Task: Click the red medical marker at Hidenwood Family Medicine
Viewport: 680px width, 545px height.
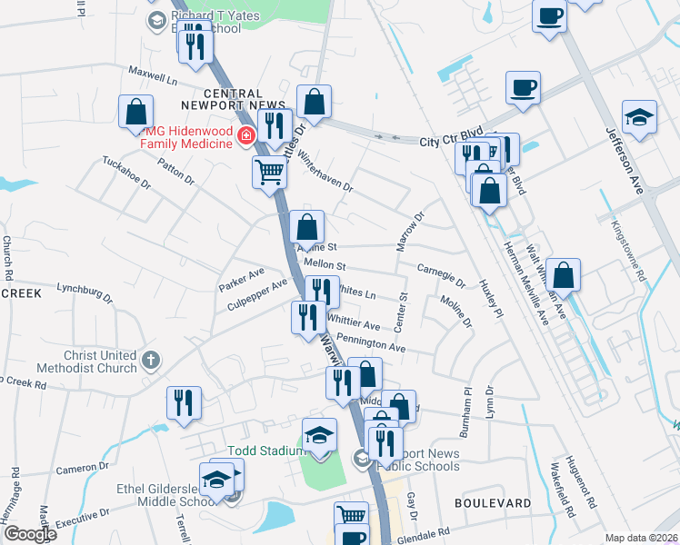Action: pyautogui.click(x=245, y=136)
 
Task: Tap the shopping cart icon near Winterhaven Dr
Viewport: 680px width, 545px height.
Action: pyautogui.click(x=270, y=172)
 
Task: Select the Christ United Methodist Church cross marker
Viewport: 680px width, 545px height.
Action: pyautogui.click(x=151, y=362)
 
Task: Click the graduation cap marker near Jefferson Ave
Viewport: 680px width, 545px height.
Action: pyautogui.click(x=639, y=118)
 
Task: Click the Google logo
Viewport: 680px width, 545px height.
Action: pyautogui.click(x=30, y=533)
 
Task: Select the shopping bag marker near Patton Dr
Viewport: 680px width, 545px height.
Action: pyautogui.click(x=135, y=113)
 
